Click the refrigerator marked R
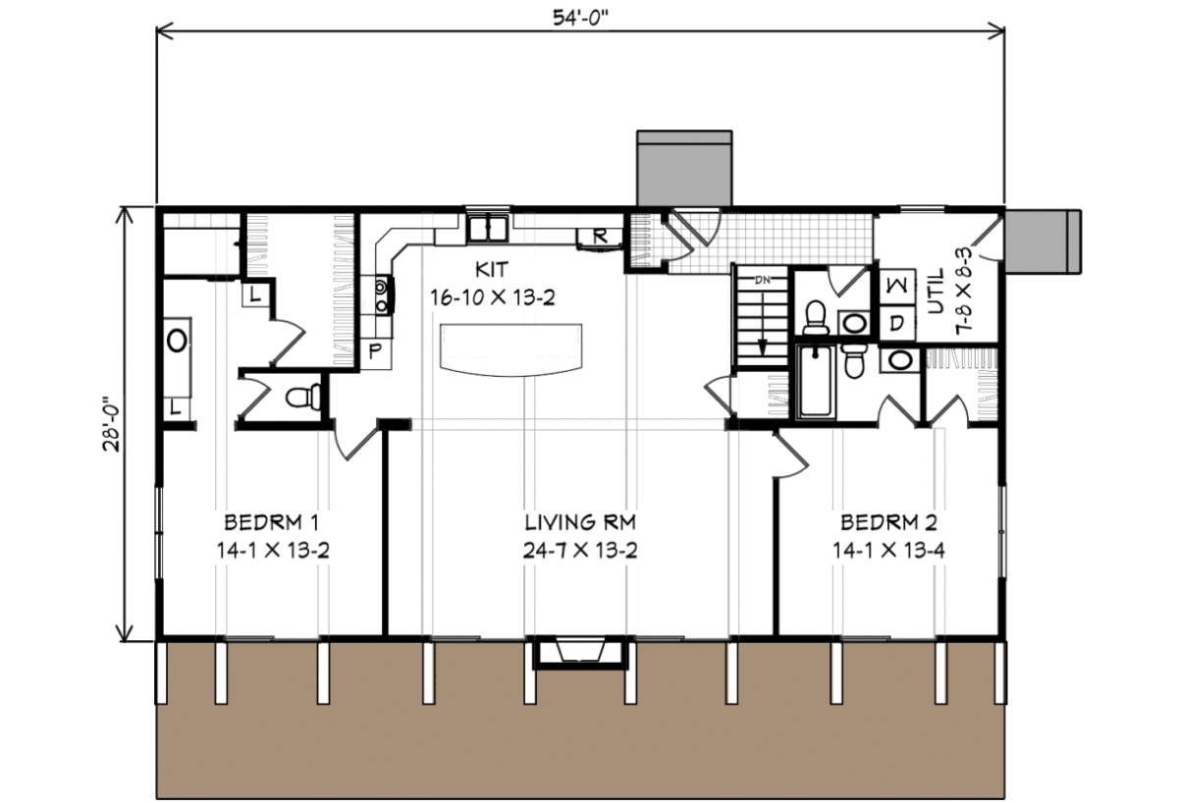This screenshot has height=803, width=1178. [598, 236]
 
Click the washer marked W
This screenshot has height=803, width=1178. [896, 286]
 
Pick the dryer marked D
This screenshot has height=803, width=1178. [896, 322]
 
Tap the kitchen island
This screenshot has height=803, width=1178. [512, 348]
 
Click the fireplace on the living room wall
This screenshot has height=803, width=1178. [579, 653]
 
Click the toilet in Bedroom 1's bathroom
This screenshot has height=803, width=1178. [301, 398]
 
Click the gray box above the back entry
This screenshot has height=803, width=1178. [684, 169]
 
